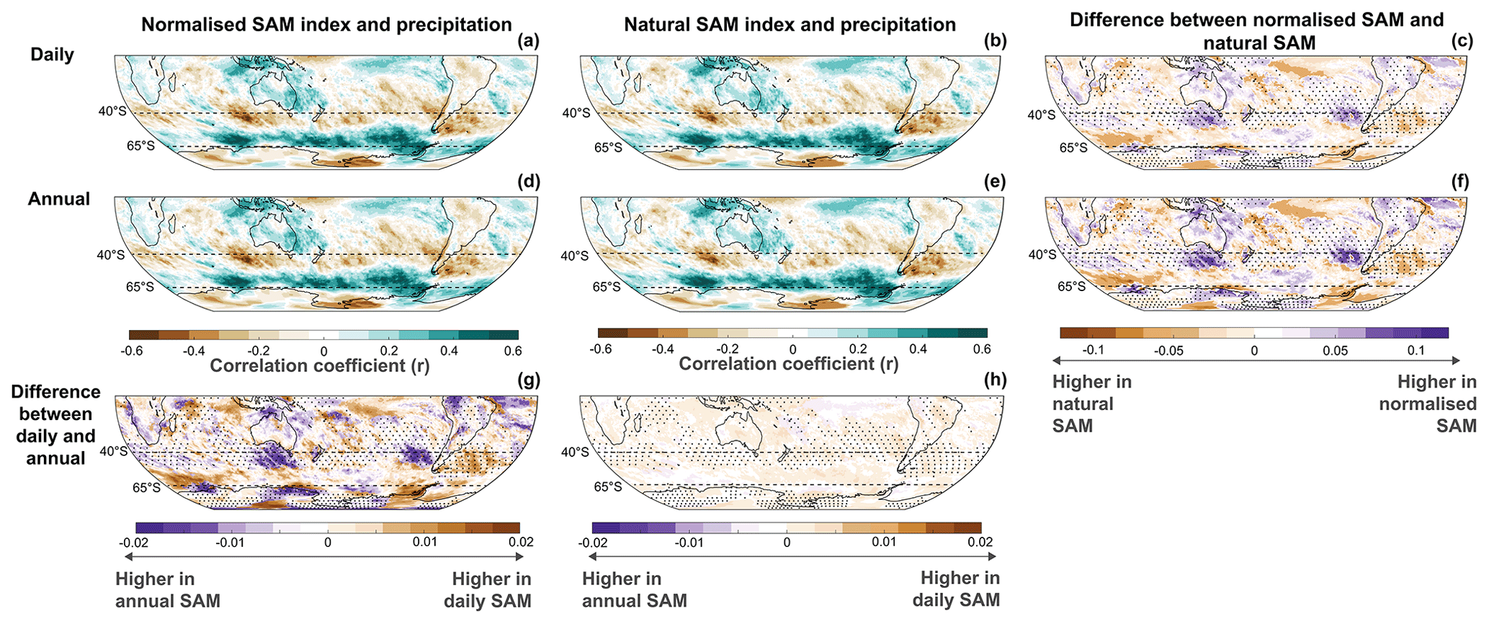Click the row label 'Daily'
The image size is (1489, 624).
tap(52, 55)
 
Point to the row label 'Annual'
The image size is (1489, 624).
tap(59, 199)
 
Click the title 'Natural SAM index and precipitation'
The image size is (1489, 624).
tap(790, 24)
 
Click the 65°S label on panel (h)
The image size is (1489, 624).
tap(607, 487)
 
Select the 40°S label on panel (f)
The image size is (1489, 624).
tap(1042, 254)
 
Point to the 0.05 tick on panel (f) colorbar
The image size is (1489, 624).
tap(1335, 350)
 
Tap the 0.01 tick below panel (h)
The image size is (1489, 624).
tap(884, 542)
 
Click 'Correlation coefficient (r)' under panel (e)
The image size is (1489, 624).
tap(789, 364)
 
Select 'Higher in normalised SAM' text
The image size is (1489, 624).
tap(1427, 404)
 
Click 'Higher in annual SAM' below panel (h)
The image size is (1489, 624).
tap(634, 589)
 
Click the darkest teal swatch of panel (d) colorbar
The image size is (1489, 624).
tap(503, 335)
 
